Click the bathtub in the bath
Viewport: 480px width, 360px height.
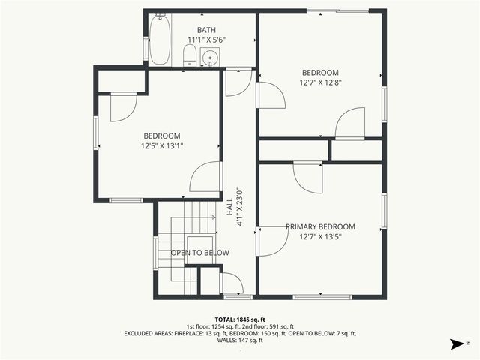click(x=160, y=40)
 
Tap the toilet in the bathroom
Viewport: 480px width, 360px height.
click(x=190, y=55)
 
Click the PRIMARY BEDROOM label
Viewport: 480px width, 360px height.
click(x=320, y=226)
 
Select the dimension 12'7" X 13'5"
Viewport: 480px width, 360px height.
click(x=320, y=237)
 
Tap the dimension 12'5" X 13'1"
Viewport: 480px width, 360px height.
click(x=162, y=146)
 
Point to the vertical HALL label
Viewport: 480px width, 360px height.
click(x=229, y=207)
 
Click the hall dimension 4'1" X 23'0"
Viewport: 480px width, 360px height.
click(x=240, y=207)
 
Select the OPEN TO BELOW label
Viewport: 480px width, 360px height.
click(x=199, y=253)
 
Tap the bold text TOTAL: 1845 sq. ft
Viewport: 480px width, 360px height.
click(x=240, y=319)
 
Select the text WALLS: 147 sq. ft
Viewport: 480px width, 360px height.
click(x=240, y=340)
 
